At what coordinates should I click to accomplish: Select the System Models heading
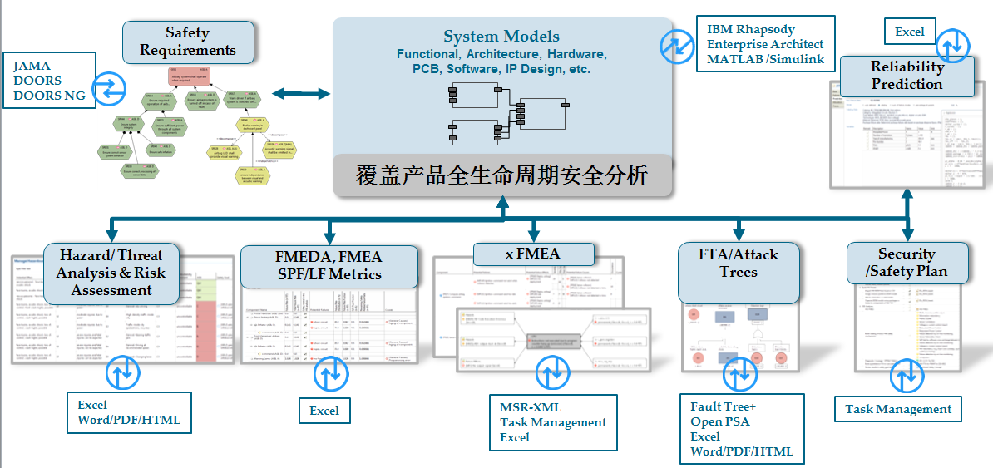pos(501,37)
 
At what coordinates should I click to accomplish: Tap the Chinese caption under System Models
pos(502,175)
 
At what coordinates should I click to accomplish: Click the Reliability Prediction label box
pos(907,76)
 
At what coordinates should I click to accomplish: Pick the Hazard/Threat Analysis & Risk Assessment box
pos(111,272)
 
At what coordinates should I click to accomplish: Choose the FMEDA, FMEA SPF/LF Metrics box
pos(329,265)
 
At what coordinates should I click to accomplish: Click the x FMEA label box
pos(533,254)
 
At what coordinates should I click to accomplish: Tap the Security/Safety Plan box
pos(907,262)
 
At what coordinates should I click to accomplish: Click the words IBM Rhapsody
pos(750,29)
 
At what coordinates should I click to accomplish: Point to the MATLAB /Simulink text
pos(765,59)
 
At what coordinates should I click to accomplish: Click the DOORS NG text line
pos(49,96)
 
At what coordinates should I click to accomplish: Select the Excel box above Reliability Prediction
pos(909,32)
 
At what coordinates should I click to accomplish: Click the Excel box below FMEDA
pos(324,411)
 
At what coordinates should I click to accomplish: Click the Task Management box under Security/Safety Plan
pos(898,409)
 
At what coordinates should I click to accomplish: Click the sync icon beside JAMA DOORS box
pos(108,85)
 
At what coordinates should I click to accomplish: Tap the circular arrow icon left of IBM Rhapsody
pos(677,47)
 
